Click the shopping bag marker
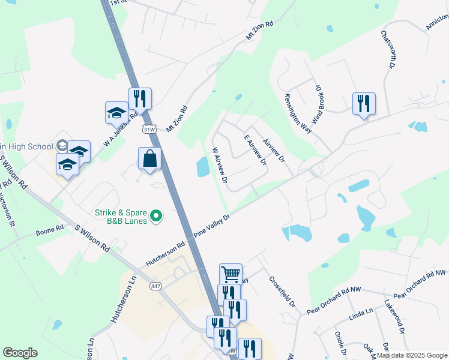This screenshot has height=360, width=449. (150, 159)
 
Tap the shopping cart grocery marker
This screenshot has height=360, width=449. (231, 274)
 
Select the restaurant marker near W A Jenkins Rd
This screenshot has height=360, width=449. (140, 98)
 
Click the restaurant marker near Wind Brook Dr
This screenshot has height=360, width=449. (364, 104)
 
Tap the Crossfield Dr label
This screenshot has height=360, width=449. (283, 290)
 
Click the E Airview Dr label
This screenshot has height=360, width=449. (255, 151)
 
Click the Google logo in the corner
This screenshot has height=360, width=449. (20, 353)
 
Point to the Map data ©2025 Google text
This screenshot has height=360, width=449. (412, 355)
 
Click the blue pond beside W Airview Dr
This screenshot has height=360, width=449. (203, 166)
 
